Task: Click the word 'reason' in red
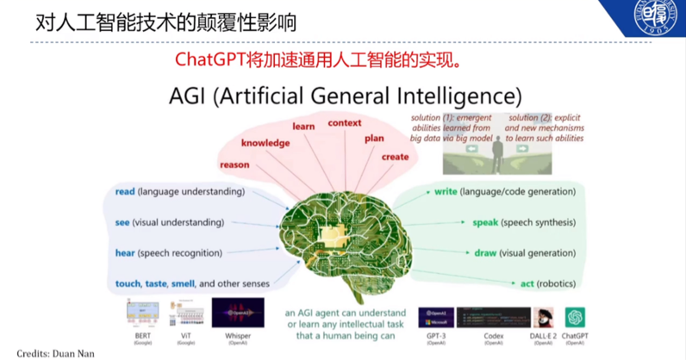[234, 164]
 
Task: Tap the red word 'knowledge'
[265, 143]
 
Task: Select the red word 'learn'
[303, 126]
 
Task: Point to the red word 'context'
[345, 122]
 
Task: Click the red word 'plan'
[374, 137]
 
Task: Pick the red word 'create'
[395, 157]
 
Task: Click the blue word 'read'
[125, 191]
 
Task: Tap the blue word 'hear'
[125, 253]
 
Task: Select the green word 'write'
[445, 190]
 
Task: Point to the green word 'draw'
[485, 253]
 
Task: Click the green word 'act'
[527, 283]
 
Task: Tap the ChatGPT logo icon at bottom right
[576, 318]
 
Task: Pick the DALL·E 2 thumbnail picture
[543, 317]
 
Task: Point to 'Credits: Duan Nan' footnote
[56, 353]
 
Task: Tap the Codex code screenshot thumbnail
[494, 317]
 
